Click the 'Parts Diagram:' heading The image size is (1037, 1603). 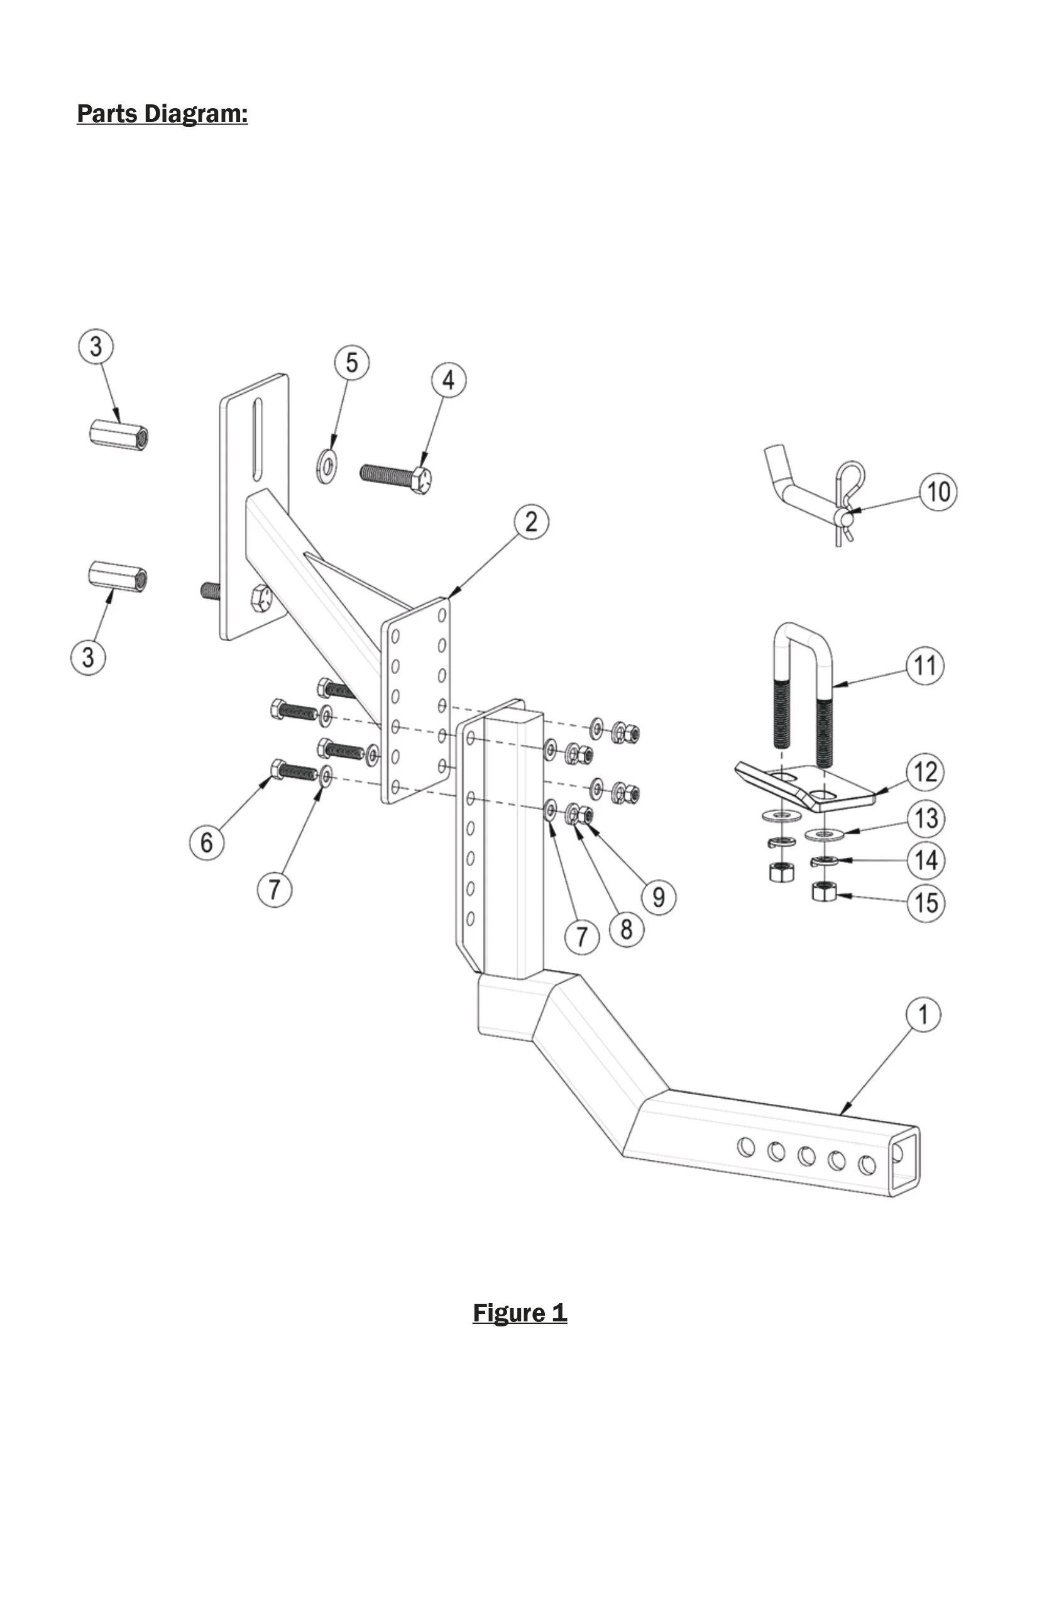[162, 114]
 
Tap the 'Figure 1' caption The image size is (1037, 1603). [520, 1313]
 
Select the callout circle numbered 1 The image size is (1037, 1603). [923, 1015]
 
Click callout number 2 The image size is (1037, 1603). [531, 522]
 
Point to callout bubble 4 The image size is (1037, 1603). [449, 380]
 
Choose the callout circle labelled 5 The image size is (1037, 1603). [352, 363]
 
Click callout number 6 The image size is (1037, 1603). [207, 842]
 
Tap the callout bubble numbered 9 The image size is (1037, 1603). [659, 897]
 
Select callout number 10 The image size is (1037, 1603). [939, 492]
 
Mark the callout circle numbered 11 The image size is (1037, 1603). [925, 666]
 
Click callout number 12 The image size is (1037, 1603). [926, 772]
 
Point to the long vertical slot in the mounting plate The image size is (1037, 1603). [257, 440]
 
